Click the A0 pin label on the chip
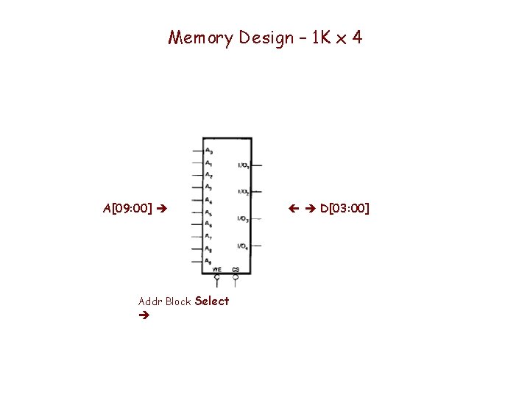[x=209, y=151]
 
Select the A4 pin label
[x=209, y=200]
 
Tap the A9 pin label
[x=209, y=262]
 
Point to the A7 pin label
[x=209, y=237]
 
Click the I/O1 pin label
[x=243, y=165]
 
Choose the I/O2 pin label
[x=243, y=192]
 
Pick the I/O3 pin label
[x=243, y=218]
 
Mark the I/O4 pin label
[x=243, y=246]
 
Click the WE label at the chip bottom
[x=217, y=270]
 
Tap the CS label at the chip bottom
[x=236, y=270]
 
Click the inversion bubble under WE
[x=217, y=277]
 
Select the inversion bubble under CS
[x=236, y=277]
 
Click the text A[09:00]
[x=127, y=209]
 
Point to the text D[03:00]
[x=344, y=209]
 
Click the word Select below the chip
[x=212, y=301]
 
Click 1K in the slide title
[x=322, y=37]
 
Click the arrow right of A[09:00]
[x=162, y=210]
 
